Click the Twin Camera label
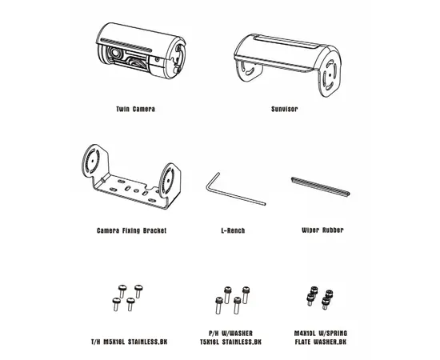click(x=135, y=109)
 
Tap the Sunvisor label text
click(x=284, y=109)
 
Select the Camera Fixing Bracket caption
click(x=131, y=230)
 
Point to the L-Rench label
click(x=233, y=230)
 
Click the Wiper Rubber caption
click(x=322, y=230)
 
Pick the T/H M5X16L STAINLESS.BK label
click(x=129, y=342)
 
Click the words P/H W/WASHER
click(x=230, y=334)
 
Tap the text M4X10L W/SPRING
click(x=321, y=334)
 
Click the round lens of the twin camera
click(x=114, y=53)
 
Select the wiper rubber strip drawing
click(x=321, y=186)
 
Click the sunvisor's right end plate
click(x=331, y=75)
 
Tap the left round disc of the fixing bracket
click(x=92, y=161)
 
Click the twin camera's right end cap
click(x=178, y=58)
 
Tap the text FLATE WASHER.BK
click(x=321, y=342)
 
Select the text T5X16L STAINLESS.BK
click(x=230, y=342)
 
